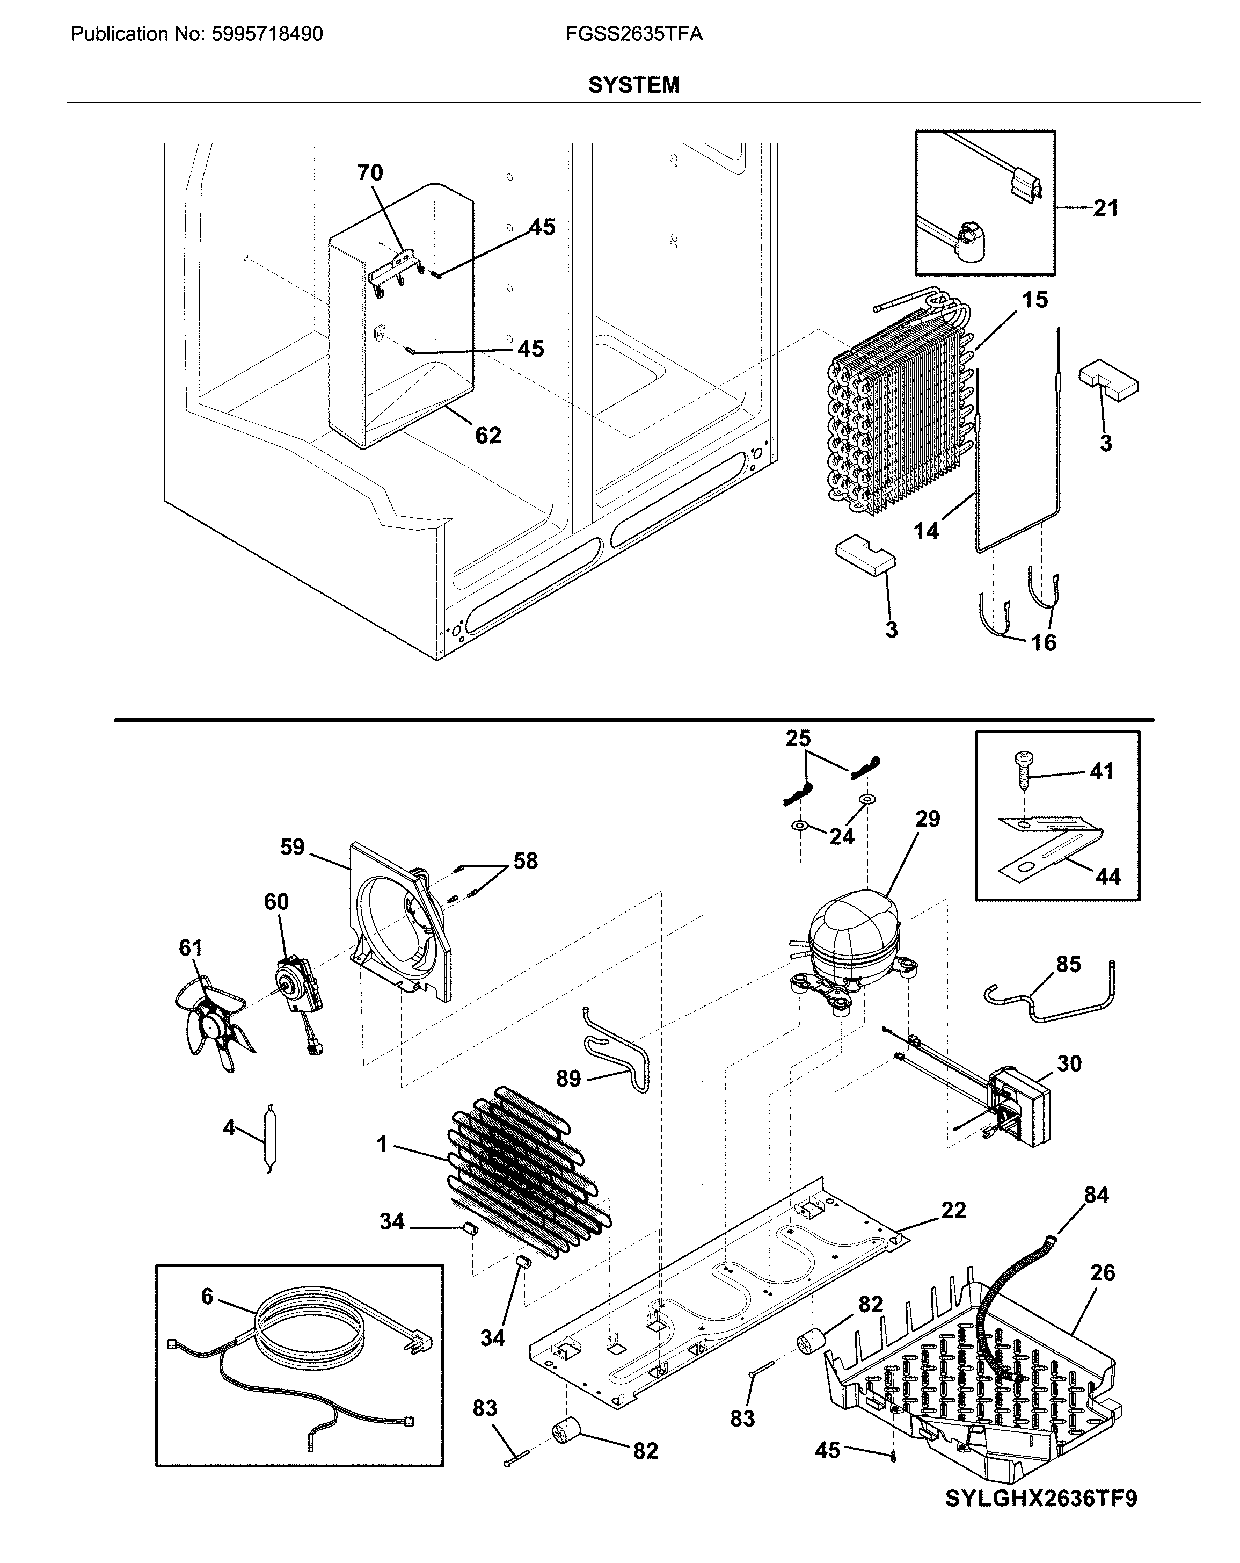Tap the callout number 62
point(488,435)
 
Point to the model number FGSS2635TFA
point(633,34)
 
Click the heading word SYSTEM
point(633,85)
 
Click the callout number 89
point(568,1079)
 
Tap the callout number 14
point(926,531)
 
